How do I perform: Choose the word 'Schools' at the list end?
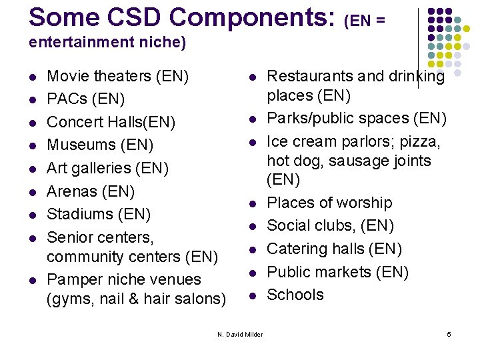pos(295,295)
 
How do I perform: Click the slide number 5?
pos(449,333)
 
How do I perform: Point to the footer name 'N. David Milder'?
pos(240,333)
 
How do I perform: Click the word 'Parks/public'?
pos(307,118)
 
